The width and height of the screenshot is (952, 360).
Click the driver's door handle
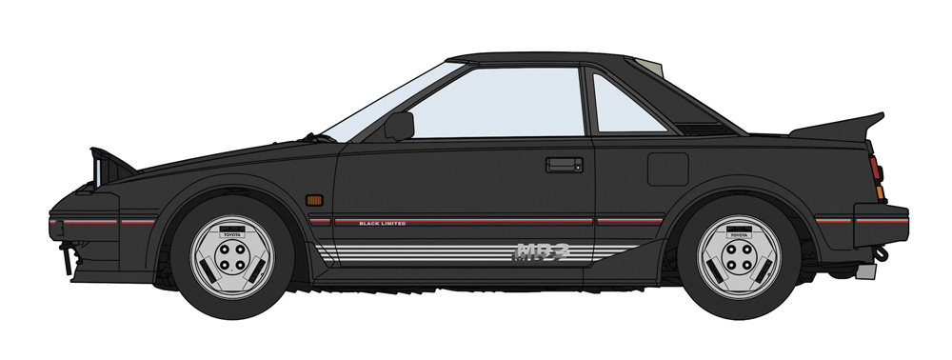point(565,165)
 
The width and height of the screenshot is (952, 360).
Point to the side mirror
point(399,126)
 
